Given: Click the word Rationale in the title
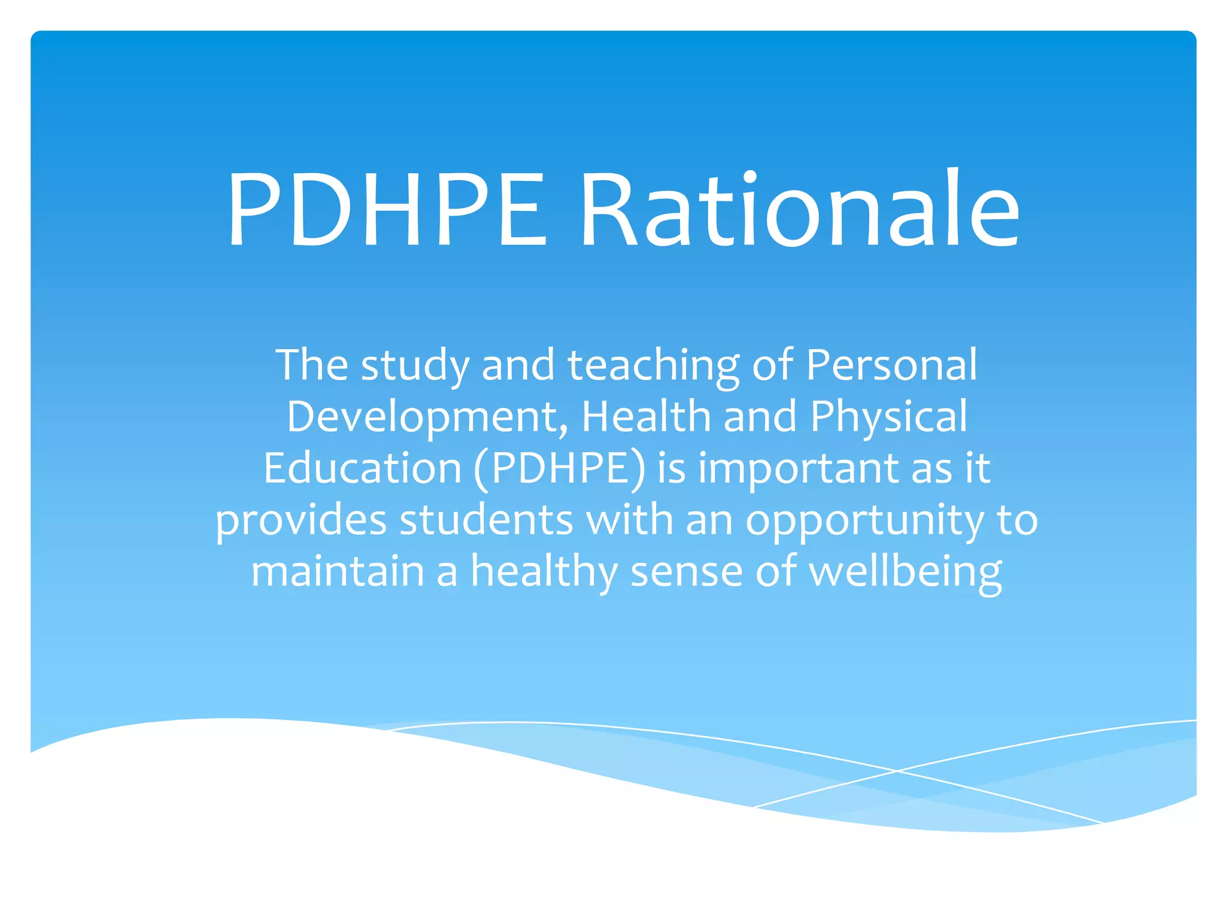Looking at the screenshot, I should (x=800, y=209).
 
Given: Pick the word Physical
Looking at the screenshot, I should (x=888, y=417).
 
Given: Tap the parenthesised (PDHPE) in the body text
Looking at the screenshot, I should (x=560, y=469).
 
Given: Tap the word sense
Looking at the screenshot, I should (x=686, y=572).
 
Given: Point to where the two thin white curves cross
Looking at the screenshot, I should (x=897, y=771).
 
